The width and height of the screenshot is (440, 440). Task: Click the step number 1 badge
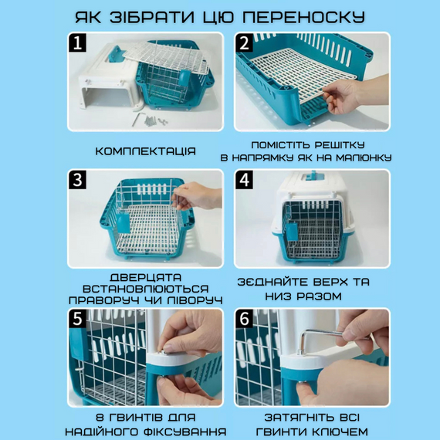tap(77, 42)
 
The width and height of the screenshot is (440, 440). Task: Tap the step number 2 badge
tap(244, 42)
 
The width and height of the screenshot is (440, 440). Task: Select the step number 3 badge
tap(77, 180)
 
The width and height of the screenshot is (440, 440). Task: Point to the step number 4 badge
tap(244, 180)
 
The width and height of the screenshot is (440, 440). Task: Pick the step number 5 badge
tap(77, 319)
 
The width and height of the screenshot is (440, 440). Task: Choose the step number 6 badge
tap(244, 319)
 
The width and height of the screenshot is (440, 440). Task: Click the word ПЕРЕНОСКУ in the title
tap(303, 18)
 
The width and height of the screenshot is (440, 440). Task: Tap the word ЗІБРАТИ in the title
tap(151, 18)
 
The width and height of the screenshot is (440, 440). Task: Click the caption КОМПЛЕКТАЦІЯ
tap(145, 151)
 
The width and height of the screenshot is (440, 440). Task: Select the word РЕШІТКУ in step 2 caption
tap(340, 145)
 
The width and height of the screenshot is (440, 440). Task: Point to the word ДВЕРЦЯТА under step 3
tap(145, 278)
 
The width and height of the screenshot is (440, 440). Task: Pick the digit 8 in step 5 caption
tap(100, 418)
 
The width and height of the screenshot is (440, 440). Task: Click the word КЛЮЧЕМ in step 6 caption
tap(340, 432)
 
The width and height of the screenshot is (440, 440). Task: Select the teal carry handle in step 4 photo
tap(313, 176)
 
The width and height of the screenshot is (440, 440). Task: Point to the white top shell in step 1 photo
tap(108, 76)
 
